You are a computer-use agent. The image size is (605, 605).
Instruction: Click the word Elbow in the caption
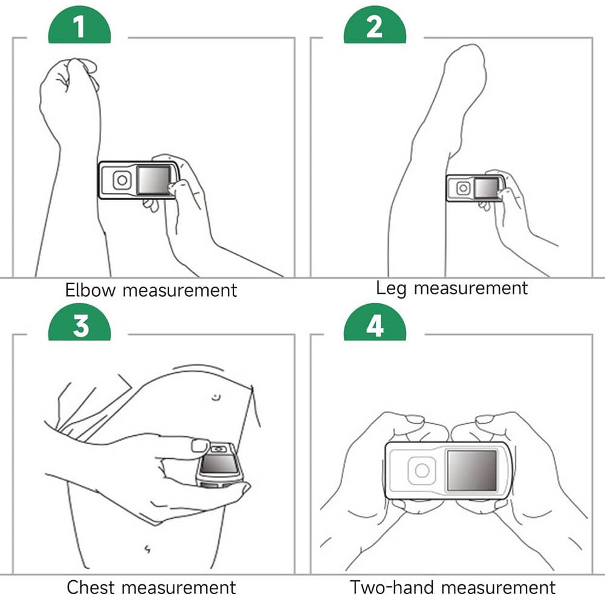click(90, 290)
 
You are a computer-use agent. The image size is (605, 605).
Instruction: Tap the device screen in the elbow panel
click(154, 180)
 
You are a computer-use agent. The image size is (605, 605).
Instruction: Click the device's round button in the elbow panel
click(122, 180)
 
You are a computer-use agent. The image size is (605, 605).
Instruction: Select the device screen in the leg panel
click(486, 188)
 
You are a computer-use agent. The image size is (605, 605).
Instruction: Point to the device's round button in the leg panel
click(463, 189)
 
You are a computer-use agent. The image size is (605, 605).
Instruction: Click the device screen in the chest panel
click(219, 464)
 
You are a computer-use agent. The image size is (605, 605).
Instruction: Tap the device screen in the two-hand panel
click(471, 470)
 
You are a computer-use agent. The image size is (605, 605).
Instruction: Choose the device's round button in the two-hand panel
click(422, 470)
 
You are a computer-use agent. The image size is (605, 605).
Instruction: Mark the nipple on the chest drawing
click(216, 396)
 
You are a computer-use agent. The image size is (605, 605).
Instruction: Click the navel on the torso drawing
click(147, 549)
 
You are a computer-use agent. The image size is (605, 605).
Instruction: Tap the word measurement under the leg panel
click(470, 288)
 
